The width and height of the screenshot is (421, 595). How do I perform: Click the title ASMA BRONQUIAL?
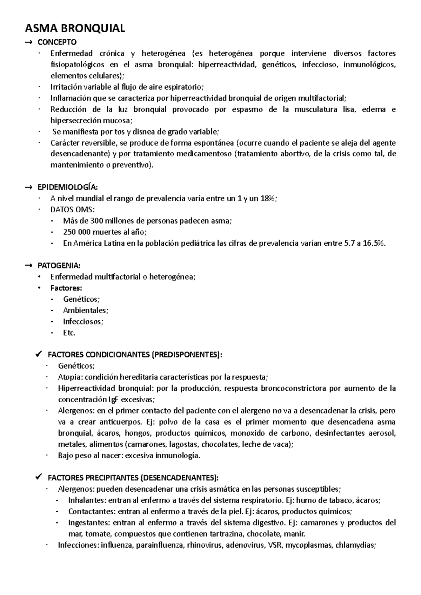pos(74,28)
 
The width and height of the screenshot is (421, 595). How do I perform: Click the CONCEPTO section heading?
pos(57,42)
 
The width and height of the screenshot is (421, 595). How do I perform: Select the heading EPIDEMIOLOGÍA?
pos(68,187)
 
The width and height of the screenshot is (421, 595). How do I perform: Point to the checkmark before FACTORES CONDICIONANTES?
pos(39,354)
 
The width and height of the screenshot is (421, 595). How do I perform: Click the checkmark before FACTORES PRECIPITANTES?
pos(39,477)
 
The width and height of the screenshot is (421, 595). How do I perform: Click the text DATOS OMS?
pos(73,210)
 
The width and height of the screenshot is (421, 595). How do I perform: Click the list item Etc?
pos(69,333)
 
